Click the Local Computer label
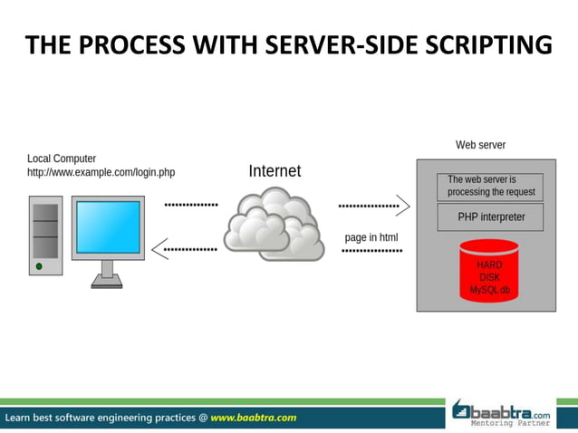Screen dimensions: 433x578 [62, 159]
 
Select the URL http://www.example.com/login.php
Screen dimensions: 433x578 [101, 172]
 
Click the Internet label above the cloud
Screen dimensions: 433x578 [275, 170]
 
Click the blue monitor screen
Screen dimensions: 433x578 [108, 227]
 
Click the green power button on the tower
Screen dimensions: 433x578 [39, 266]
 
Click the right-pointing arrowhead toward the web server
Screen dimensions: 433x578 [404, 206]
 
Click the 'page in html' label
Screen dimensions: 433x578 [371, 237]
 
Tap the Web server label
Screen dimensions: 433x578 [480, 145]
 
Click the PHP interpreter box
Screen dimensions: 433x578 [489, 217]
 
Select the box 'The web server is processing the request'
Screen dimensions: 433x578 [490, 186]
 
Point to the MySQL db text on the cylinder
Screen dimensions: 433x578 [489, 290]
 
